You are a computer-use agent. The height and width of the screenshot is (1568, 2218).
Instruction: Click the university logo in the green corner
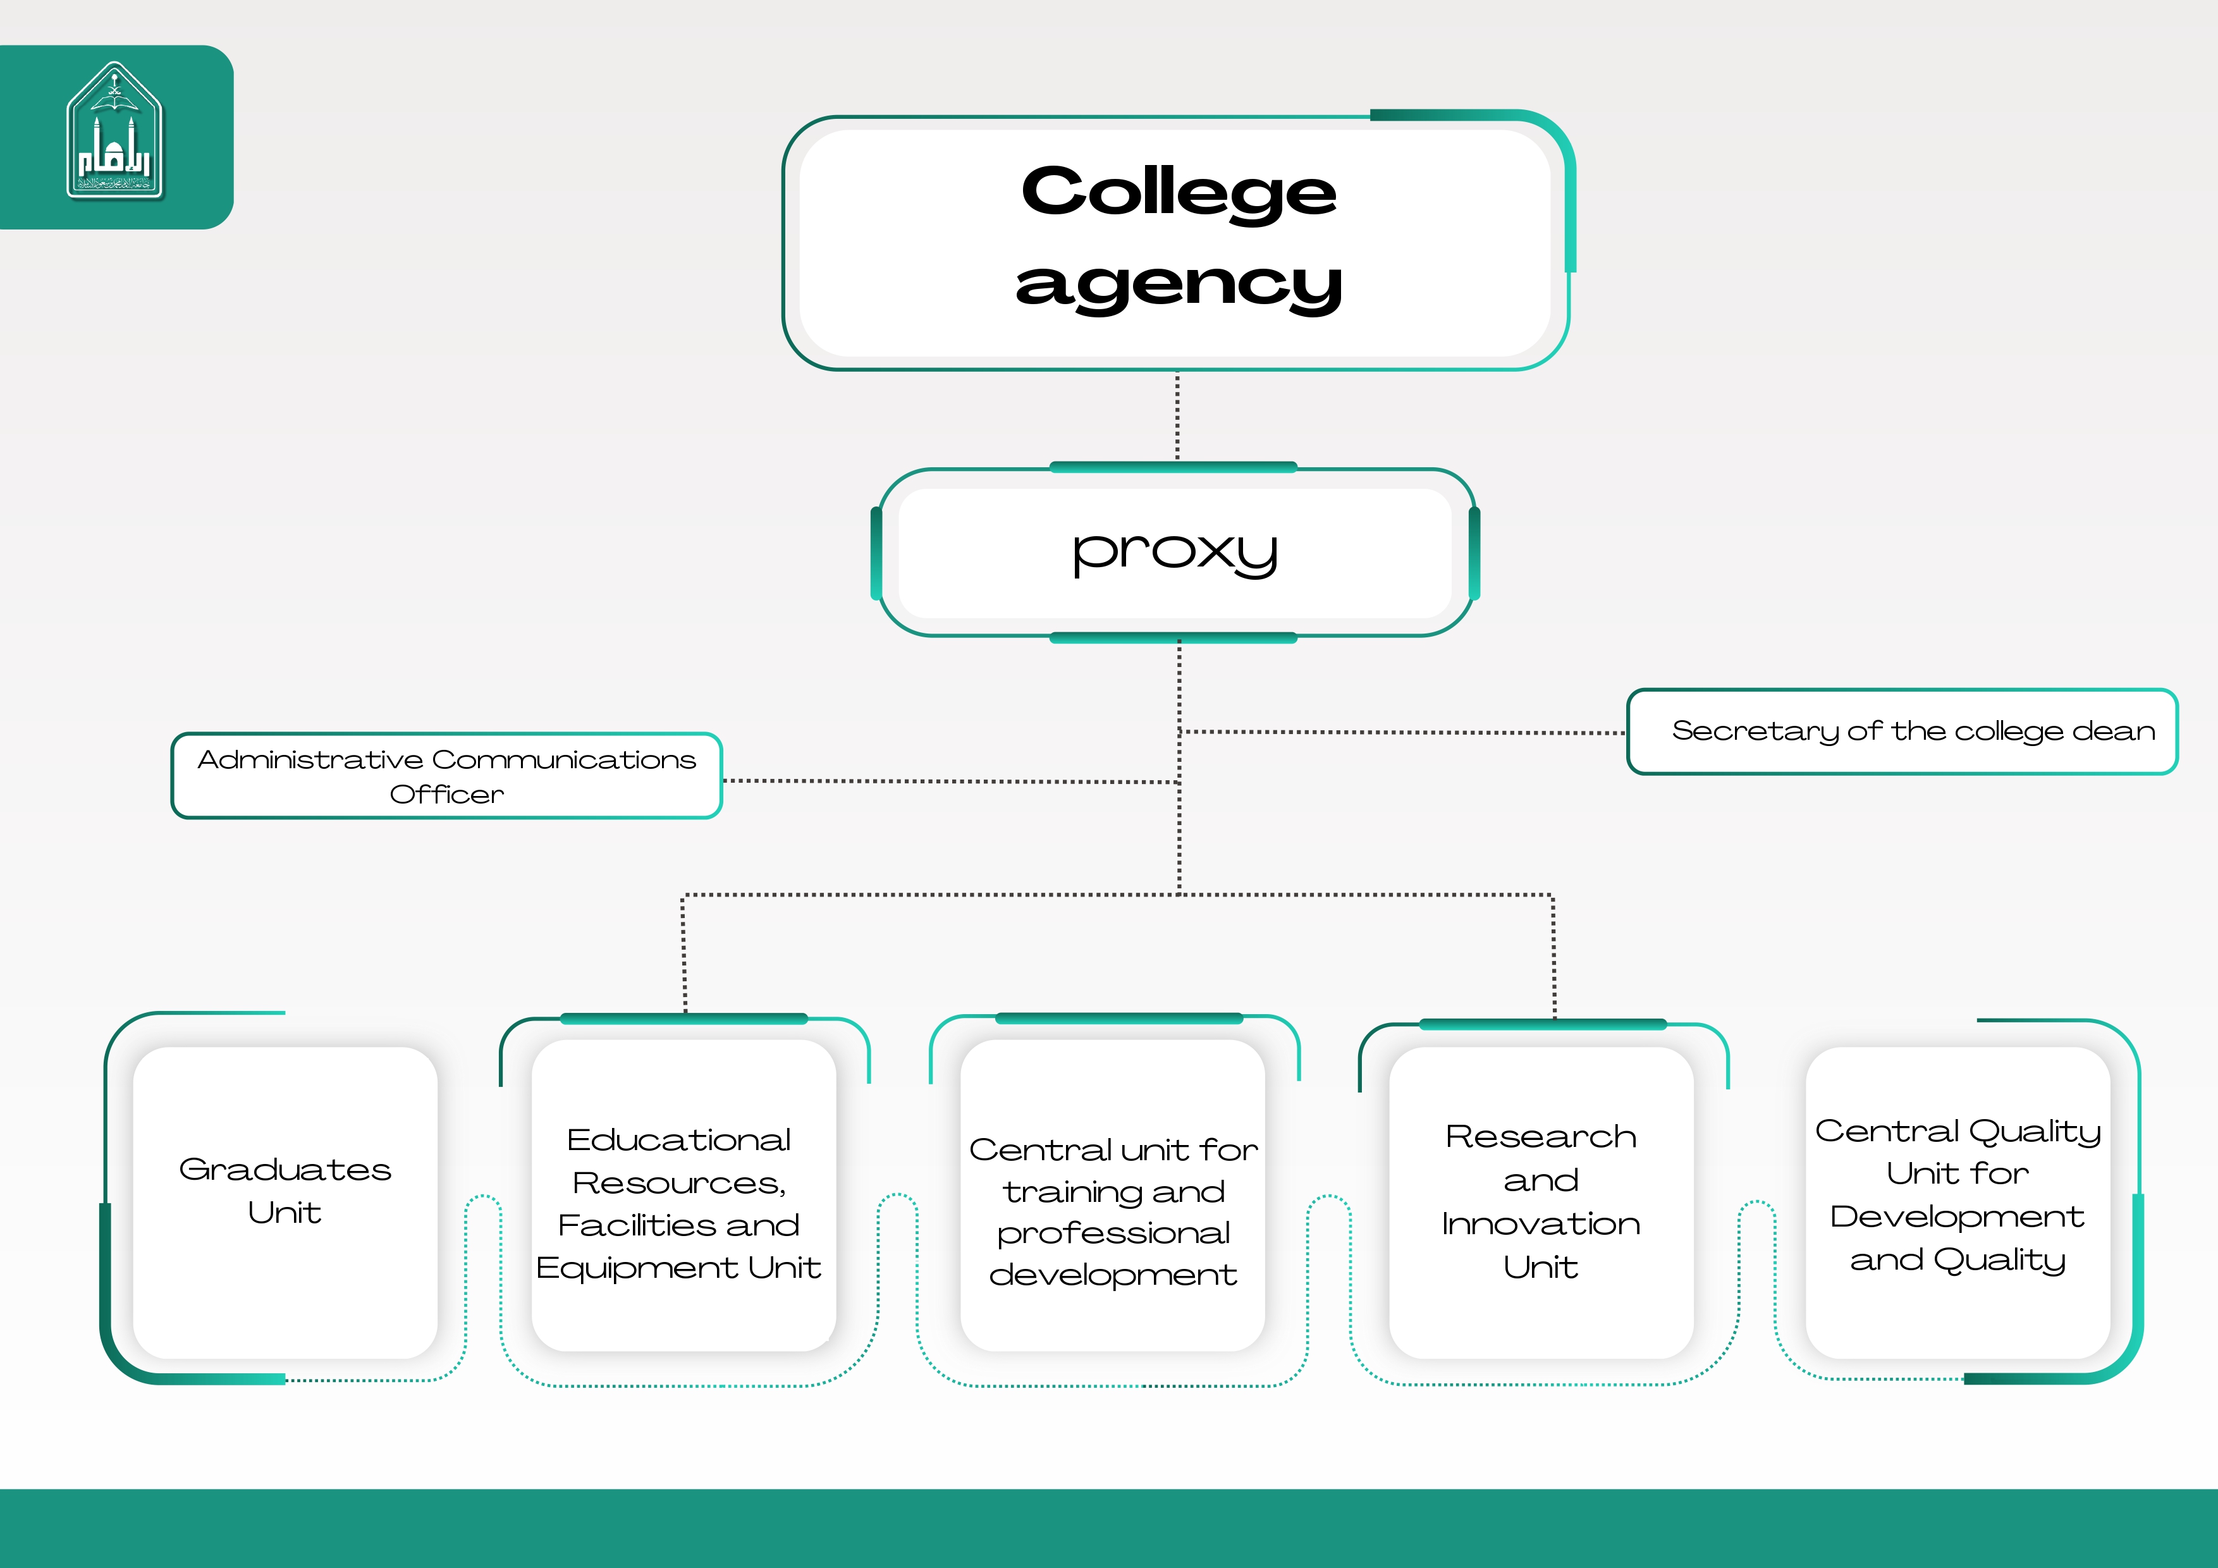pos(115,132)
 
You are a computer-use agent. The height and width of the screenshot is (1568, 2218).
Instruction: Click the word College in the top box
pos(1179,192)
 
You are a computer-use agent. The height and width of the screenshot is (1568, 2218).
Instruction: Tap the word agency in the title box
pos(1179,285)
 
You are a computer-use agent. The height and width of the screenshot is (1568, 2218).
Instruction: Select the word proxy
pos(1175,553)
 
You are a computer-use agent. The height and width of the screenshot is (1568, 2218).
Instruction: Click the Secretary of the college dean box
pos(1901,732)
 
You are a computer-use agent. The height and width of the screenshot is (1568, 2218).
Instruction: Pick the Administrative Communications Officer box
pos(446,776)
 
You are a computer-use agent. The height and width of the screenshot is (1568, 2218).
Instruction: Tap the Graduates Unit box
pos(285,1202)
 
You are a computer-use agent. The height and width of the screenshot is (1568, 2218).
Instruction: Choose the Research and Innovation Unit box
pos(1541,1202)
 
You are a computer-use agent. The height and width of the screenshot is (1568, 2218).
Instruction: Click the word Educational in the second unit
pos(678,1140)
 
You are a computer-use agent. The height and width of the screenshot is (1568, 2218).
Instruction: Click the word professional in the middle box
pos(1113,1234)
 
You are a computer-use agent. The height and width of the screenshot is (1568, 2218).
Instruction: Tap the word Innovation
pos(1541,1224)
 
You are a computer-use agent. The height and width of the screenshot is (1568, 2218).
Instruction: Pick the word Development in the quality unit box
pos(1957,1216)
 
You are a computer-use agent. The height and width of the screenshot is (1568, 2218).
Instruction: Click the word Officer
pos(446,794)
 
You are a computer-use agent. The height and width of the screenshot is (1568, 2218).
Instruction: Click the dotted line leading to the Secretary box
pos(1400,732)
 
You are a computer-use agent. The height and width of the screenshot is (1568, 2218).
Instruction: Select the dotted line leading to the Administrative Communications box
pos(952,781)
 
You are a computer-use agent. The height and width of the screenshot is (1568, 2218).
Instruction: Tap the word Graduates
pos(285,1170)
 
